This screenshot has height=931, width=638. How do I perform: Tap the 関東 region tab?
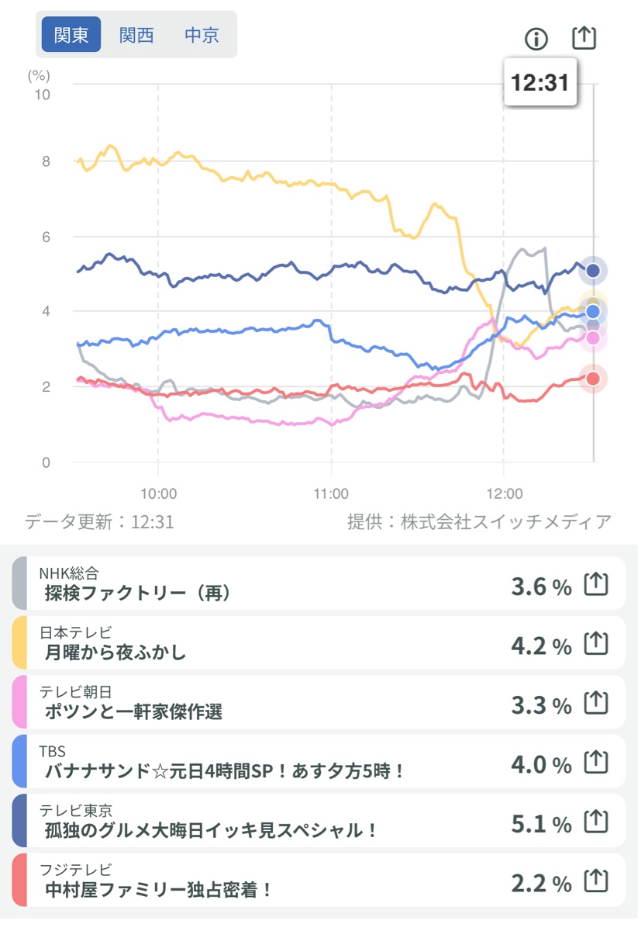[x=71, y=35]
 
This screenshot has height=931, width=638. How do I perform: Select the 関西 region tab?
[x=136, y=35]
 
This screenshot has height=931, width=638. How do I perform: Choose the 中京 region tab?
[x=202, y=35]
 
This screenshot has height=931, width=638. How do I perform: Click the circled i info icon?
[x=536, y=38]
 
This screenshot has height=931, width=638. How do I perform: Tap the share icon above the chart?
[x=584, y=37]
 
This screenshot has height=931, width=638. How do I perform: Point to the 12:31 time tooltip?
[x=540, y=82]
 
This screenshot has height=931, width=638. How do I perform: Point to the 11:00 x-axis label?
[x=331, y=493]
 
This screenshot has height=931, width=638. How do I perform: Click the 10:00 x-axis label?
[x=158, y=493]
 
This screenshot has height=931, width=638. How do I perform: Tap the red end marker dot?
[x=593, y=379]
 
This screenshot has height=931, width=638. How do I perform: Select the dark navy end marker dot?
[x=593, y=271]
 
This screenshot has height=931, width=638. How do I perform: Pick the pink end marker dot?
[x=593, y=337]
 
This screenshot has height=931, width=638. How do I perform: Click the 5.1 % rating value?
[x=541, y=824]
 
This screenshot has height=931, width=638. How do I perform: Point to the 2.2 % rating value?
[x=541, y=883]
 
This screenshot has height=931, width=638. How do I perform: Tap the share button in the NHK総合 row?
[x=595, y=583]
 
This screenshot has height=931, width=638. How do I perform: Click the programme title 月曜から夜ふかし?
[x=116, y=652]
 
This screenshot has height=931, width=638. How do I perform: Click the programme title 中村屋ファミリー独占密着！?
[x=159, y=889]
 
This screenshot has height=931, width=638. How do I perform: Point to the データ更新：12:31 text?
[x=99, y=521]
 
